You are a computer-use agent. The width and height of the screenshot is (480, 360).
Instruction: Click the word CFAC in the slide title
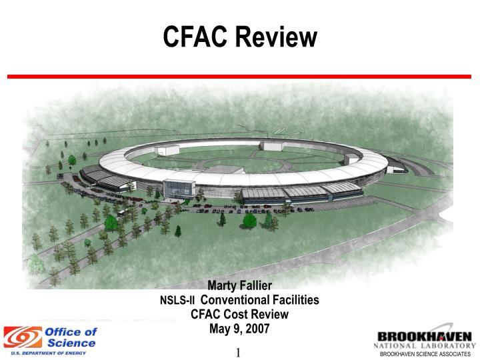196,37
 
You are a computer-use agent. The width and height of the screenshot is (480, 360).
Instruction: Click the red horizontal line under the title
239,77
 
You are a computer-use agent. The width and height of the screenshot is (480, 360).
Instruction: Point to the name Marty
223,287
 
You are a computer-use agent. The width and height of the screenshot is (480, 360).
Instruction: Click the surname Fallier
257,287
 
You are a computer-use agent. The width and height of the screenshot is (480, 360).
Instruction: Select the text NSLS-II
177,301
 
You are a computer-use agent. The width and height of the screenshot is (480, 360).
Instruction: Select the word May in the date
219,329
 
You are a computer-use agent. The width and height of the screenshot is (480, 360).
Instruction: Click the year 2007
257,329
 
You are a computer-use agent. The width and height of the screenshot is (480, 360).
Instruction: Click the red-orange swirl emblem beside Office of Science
22,337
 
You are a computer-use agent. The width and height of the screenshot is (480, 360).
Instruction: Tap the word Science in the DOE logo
71,343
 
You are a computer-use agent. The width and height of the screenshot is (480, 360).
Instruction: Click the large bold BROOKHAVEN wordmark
425,336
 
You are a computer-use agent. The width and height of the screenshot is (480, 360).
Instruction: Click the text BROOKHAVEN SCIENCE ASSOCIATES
425,354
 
